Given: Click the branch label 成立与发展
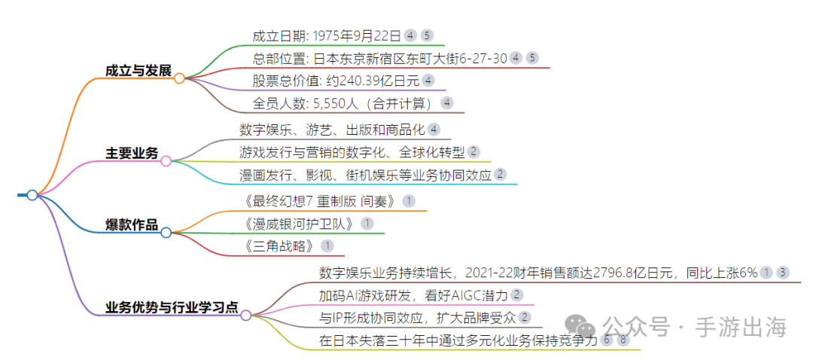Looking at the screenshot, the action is point(139,71).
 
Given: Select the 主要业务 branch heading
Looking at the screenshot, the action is point(132,154).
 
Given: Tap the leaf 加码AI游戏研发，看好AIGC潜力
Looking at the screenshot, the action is point(413,295).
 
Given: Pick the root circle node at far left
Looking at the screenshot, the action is point(32,195).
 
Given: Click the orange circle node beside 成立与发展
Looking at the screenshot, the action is point(179,78).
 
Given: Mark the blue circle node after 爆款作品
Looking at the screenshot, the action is point(166,233).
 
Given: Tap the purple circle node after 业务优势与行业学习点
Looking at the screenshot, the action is point(245,315).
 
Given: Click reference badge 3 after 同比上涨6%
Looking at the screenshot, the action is point(783,273).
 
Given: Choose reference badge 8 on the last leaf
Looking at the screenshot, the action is point(623,340).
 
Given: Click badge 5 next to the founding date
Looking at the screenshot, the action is point(427,35).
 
